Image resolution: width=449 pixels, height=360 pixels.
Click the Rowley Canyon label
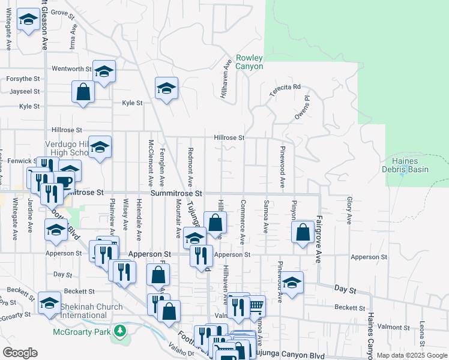point(249,62)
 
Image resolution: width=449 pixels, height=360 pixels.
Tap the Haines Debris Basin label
point(409,165)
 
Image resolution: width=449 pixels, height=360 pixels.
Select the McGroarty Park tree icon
point(121,331)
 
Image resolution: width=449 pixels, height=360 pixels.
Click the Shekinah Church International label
point(92,311)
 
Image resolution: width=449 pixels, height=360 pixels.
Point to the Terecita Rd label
point(285,87)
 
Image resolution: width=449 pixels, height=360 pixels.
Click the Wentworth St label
point(71,69)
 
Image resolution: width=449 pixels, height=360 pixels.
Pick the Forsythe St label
point(23,79)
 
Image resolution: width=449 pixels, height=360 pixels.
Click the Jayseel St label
point(25,92)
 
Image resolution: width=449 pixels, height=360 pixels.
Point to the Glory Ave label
point(349,211)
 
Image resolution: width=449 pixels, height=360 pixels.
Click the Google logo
point(20,353)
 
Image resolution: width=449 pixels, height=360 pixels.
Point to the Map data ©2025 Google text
point(411,355)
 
